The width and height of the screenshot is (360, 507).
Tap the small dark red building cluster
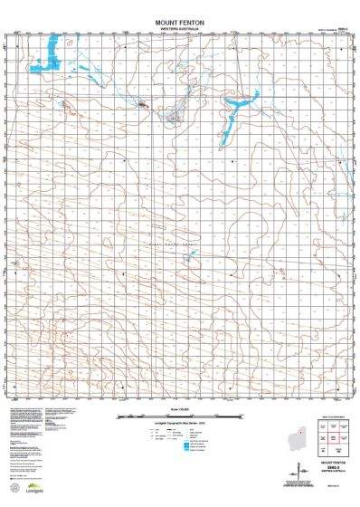142,105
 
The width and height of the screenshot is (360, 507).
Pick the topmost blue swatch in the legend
187,436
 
